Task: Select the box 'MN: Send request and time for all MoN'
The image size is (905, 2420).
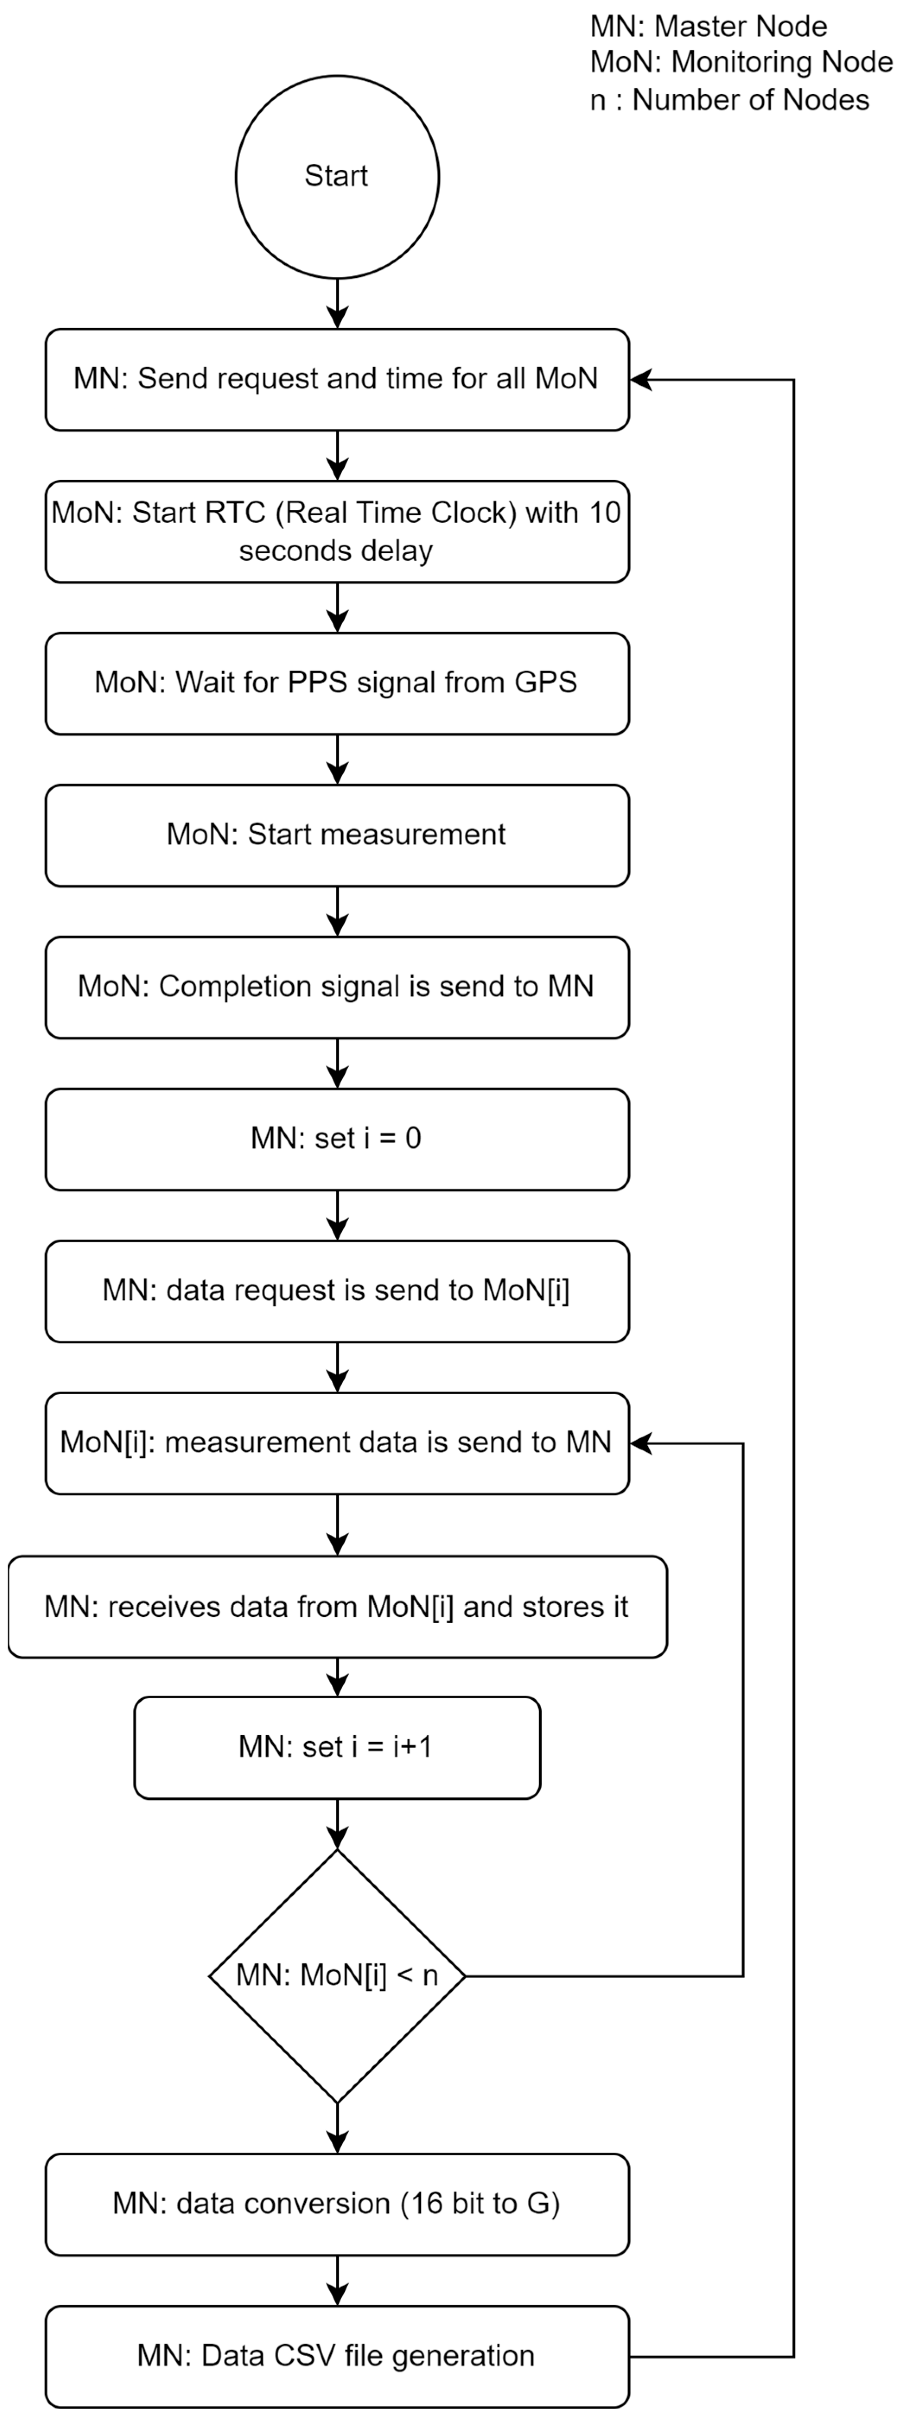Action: click(337, 380)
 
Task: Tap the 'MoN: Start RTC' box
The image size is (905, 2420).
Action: click(337, 532)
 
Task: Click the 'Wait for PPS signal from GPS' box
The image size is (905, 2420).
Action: click(337, 683)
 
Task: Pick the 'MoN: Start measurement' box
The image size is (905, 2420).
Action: click(337, 835)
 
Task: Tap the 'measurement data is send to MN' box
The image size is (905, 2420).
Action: click(337, 1443)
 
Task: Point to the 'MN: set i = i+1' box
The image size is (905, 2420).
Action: click(337, 1748)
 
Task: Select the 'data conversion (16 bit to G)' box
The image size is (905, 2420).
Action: click(337, 2204)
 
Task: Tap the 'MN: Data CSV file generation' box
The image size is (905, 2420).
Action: click(337, 2356)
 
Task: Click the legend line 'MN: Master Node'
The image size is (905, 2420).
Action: click(708, 26)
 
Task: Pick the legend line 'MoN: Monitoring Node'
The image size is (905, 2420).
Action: click(740, 62)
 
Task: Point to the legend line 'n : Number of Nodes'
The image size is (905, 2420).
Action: click(729, 100)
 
